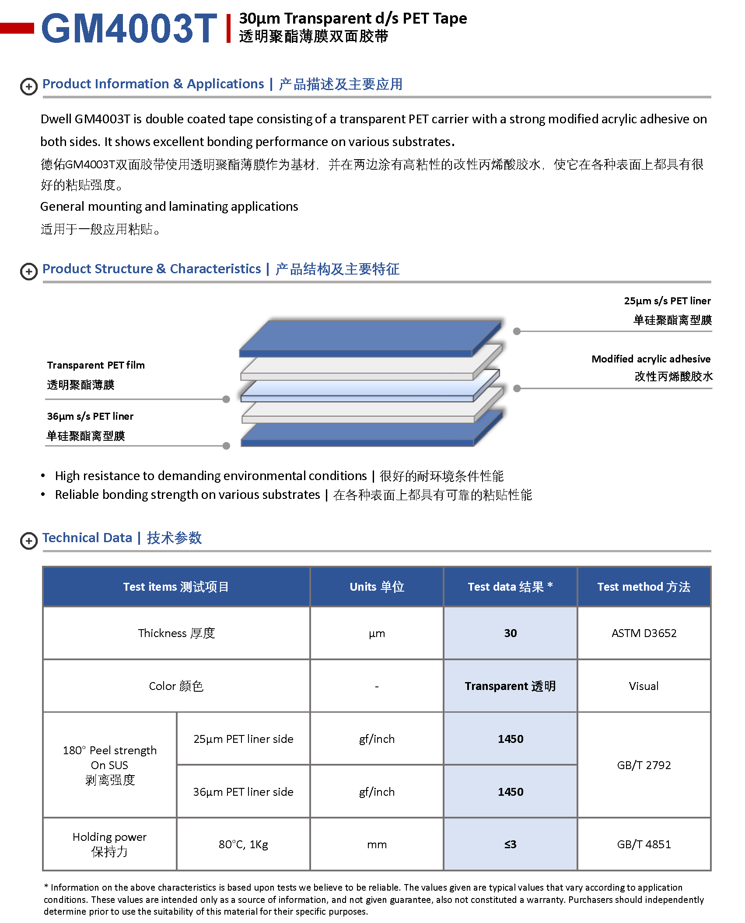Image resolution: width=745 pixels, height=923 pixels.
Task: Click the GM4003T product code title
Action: (129, 28)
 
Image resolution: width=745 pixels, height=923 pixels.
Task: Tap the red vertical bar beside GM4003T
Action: (228, 28)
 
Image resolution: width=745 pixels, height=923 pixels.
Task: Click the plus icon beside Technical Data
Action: (29, 540)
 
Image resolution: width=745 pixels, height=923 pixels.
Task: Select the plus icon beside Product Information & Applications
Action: (29, 87)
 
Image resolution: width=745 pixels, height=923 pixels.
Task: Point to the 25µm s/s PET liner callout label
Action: (667, 301)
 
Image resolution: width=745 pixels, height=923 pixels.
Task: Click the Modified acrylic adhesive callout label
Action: (651, 359)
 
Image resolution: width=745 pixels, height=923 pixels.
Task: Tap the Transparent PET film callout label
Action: (96, 365)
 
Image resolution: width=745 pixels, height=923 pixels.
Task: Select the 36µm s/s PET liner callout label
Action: (90, 416)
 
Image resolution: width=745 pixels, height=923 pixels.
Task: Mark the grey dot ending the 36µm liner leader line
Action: (226, 446)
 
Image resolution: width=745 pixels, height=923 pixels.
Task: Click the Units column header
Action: (377, 587)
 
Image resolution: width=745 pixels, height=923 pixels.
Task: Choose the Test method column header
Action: (644, 587)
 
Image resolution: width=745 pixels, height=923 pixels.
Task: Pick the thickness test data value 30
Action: (510, 633)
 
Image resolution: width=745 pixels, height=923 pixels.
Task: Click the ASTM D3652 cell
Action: (644, 633)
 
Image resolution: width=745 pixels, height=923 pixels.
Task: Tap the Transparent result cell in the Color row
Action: (510, 686)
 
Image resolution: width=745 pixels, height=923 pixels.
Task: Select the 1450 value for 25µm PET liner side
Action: (510, 739)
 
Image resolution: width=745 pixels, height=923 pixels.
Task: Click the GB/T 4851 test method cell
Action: (644, 844)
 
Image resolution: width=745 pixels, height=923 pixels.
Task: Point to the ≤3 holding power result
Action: (510, 844)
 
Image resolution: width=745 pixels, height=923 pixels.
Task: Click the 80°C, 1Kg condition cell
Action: (243, 844)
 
